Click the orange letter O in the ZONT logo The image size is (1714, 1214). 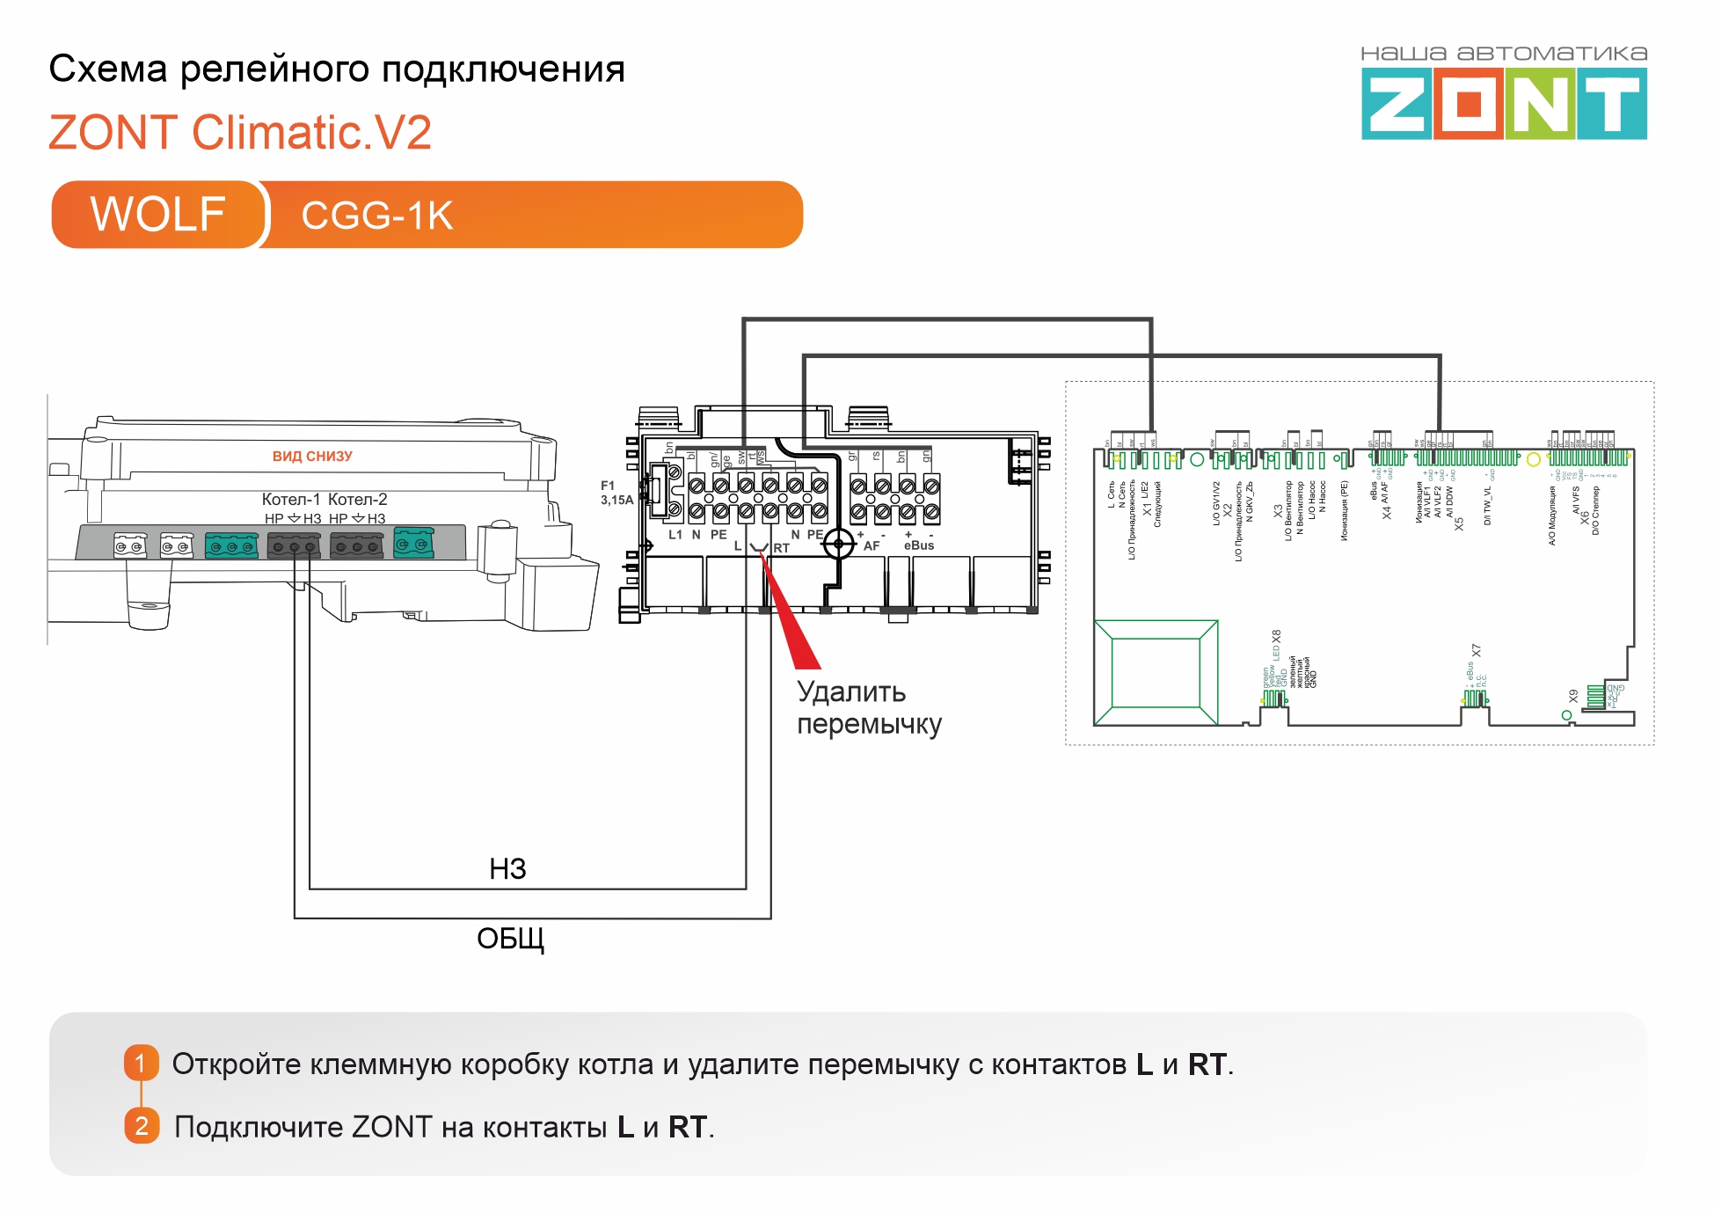[x=1469, y=106]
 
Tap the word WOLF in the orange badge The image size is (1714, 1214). [x=157, y=215]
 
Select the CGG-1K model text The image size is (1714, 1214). [x=376, y=216]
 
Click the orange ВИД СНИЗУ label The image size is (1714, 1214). [x=312, y=456]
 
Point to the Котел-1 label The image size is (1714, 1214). [x=291, y=499]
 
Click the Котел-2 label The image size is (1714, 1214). [x=357, y=499]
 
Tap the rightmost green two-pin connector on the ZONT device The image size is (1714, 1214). [x=413, y=543]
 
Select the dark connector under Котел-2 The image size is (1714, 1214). [x=356, y=546]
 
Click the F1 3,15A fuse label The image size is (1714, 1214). [x=616, y=493]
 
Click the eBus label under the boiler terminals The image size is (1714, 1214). [x=919, y=545]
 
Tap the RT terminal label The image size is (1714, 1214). [x=781, y=548]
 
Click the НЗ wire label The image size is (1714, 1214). [x=507, y=869]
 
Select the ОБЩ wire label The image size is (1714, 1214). [x=510, y=939]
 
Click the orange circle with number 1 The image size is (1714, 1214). [x=141, y=1063]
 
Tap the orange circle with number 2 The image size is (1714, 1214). [x=142, y=1126]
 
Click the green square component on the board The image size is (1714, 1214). [x=1156, y=672]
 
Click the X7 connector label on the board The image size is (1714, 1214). [x=1477, y=651]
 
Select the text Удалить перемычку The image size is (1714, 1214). [x=868, y=707]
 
